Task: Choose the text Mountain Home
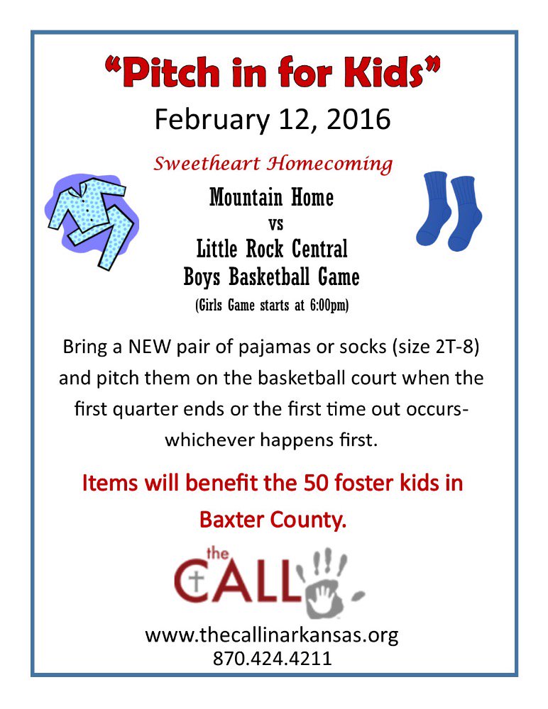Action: tap(271, 198)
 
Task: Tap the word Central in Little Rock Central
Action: tap(314, 250)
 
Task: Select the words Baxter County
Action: tap(273, 520)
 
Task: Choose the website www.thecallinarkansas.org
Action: tap(272, 634)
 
